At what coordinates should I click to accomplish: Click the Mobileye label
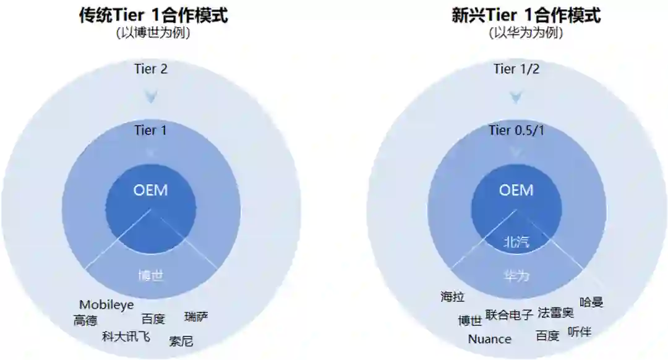point(106,305)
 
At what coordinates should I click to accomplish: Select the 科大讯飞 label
point(126,336)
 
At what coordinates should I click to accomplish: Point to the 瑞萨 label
point(196,317)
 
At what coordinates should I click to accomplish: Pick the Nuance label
point(489,339)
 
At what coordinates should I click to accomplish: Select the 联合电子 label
point(509,315)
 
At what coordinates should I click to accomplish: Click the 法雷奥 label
point(555,312)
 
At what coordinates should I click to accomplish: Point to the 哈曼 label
point(591,302)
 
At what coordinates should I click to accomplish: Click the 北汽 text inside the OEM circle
point(515,241)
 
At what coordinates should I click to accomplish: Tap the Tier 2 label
point(151,69)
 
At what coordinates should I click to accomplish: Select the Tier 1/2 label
point(516,69)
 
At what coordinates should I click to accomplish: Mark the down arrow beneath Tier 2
point(151,96)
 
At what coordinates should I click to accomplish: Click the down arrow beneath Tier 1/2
point(516,96)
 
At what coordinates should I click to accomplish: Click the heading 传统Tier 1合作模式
point(153,15)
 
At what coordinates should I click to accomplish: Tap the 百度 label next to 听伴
point(547,336)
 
